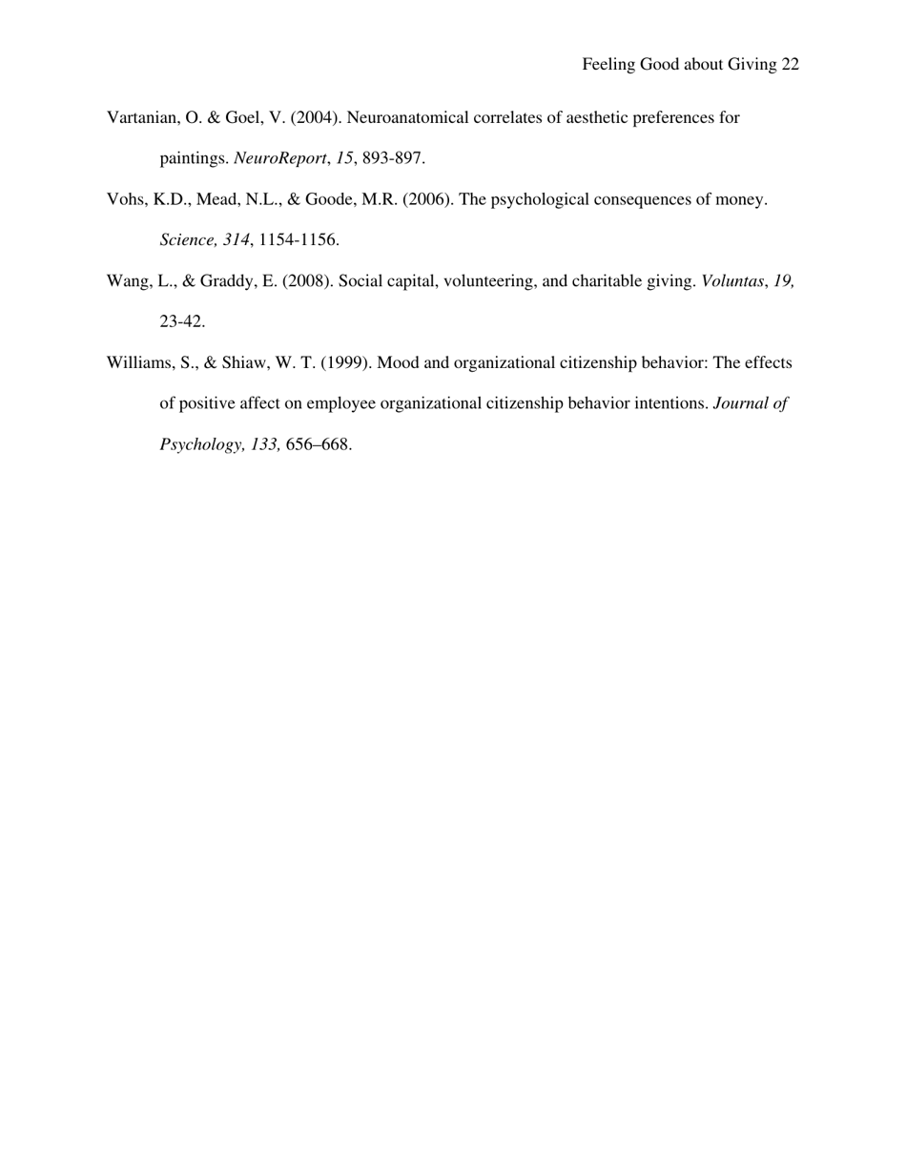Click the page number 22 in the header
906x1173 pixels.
790,65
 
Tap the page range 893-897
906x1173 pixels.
393,158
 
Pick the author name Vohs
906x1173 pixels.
125,200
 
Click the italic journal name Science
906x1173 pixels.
187,240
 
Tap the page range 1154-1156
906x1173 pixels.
299,240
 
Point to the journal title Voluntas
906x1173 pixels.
732,281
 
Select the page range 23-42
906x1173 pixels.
181,322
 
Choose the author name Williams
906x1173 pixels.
140,363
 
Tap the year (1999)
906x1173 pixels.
346,363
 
